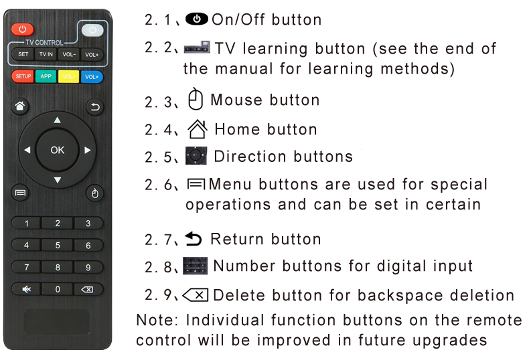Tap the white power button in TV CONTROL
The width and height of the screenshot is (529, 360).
(x=92, y=30)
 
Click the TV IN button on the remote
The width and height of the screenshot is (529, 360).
(x=46, y=54)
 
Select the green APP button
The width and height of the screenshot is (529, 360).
(x=46, y=76)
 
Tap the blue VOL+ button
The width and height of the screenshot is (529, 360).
(x=92, y=76)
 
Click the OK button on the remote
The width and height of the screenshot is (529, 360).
(x=58, y=150)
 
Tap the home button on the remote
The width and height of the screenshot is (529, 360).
(x=20, y=106)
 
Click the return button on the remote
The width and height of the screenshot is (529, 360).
(x=95, y=107)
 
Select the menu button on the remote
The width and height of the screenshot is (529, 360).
(x=20, y=193)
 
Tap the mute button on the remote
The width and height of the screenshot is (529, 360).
(x=26, y=289)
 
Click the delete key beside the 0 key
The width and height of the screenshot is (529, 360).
(x=88, y=289)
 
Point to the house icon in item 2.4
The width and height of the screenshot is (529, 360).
(x=198, y=129)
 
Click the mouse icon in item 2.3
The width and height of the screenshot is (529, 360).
(x=196, y=99)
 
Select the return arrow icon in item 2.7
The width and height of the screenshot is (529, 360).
(x=194, y=239)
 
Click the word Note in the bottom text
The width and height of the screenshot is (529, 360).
(x=157, y=320)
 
